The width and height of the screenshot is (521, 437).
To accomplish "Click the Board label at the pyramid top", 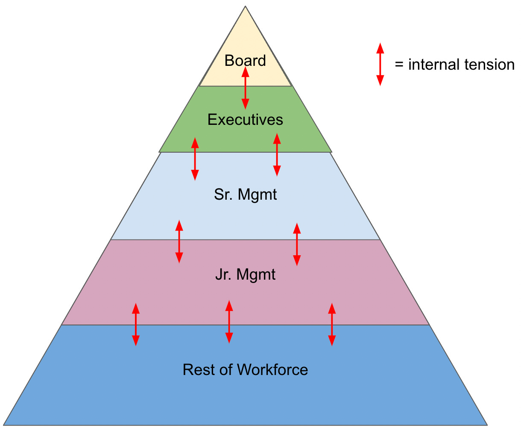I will tap(245, 61).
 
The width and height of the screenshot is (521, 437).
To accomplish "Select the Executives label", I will tap(245, 120).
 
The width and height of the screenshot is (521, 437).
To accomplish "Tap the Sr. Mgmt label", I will tap(245, 195).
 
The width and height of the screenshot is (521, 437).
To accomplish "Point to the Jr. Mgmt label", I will tap(245, 274).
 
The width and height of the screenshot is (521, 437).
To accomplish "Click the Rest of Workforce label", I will tap(245, 369).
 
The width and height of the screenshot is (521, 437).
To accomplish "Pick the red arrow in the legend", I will tap(380, 64).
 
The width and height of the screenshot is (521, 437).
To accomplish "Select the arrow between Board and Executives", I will tap(245, 88).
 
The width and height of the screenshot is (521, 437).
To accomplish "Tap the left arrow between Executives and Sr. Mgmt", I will tap(195, 159).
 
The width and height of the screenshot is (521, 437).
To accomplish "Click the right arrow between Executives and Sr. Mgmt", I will tap(277, 155).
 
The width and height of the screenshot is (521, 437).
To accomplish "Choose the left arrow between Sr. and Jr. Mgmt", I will tap(179, 242).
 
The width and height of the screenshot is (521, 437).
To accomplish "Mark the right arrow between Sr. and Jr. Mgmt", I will tap(297, 244).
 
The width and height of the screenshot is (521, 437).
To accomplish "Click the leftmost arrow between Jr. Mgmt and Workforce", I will tap(136, 324).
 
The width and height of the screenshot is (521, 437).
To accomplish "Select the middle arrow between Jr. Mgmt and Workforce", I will tap(229, 322).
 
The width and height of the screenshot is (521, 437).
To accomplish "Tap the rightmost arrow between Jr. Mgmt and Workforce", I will tap(332, 324).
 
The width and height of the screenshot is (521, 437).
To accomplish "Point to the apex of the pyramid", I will tap(245, 7).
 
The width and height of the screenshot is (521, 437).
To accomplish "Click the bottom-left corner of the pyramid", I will tap(4, 425).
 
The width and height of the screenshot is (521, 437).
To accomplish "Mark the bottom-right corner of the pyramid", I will tap(487, 425).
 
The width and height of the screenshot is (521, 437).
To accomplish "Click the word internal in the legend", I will tap(432, 65).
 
